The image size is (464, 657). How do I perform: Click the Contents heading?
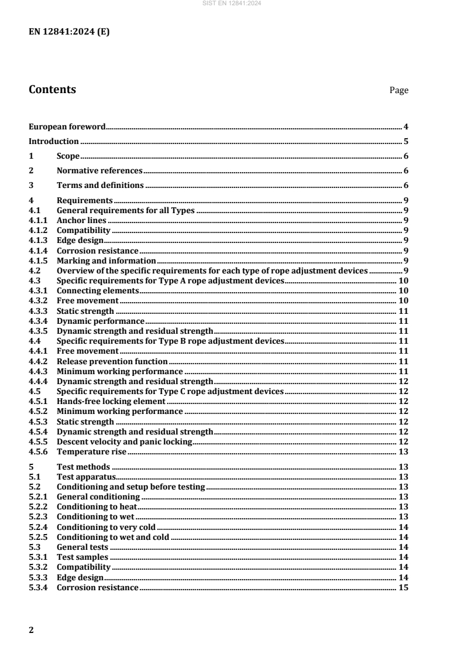click(x=52, y=90)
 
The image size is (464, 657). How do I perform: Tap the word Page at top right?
click(x=399, y=90)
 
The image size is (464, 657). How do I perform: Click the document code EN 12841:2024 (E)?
click(x=69, y=32)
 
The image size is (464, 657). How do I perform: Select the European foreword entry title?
click(x=67, y=126)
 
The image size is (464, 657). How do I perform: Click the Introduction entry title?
click(x=54, y=141)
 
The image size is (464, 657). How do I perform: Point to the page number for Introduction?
click(x=405, y=141)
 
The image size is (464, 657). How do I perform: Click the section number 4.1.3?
click(x=37, y=240)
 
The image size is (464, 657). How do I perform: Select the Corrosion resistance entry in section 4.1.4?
click(x=89, y=250)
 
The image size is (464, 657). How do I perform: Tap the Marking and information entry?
click(x=106, y=261)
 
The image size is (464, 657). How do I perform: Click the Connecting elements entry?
click(x=97, y=290)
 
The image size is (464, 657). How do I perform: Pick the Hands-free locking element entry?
click(x=111, y=402)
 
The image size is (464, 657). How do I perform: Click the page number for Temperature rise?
click(x=403, y=452)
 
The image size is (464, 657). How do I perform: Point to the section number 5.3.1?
click(x=37, y=557)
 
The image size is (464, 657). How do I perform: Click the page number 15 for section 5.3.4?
click(x=403, y=587)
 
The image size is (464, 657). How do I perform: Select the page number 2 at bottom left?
click(x=31, y=630)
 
